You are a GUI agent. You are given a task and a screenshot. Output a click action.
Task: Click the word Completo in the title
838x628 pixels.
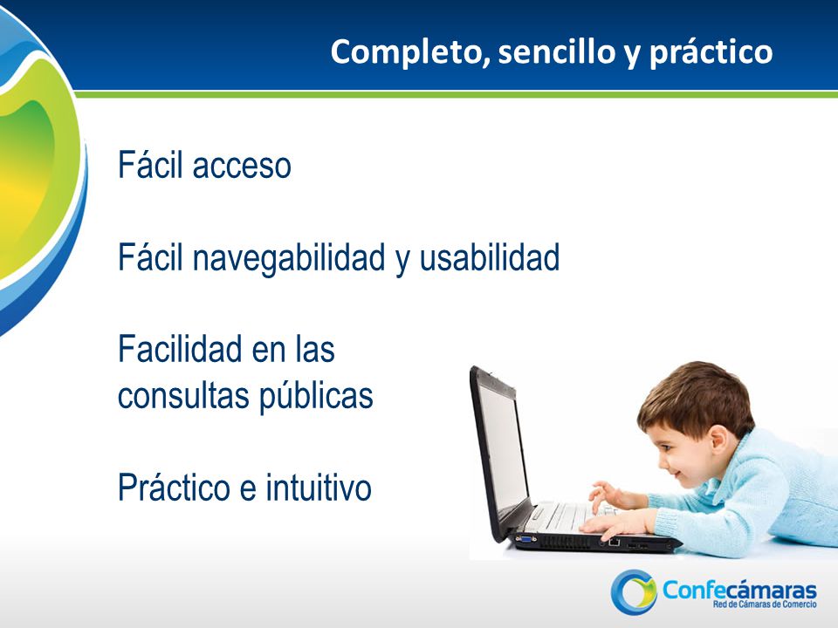(x=410, y=52)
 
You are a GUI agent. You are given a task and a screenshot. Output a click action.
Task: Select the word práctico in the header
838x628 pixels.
(x=711, y=53)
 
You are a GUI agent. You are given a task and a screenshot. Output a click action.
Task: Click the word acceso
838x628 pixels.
(x=242, y=166)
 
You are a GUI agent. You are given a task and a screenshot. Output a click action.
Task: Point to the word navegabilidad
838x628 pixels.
(x=289, y=259)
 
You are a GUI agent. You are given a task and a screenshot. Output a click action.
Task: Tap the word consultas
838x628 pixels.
(x=185, y=396)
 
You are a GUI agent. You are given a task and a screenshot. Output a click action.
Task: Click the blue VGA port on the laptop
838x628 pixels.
(x=525, y=539)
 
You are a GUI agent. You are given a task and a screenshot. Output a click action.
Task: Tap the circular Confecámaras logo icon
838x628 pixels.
(x=634, y=591)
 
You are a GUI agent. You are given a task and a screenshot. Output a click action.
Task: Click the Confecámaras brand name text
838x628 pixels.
(x=739, y=590)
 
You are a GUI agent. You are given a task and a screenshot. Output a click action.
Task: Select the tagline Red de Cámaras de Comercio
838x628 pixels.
(x=765, y=604)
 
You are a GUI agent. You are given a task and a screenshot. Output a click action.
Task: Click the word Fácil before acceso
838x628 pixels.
(x=151, y=165)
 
